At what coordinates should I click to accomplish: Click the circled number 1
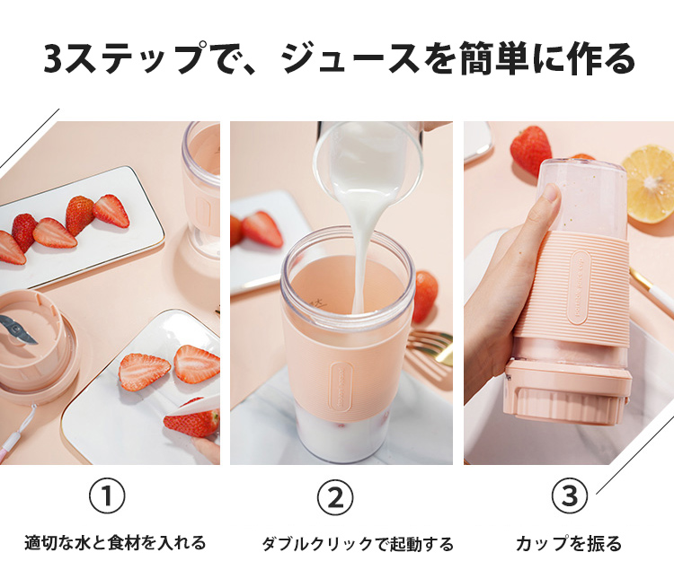click(107, 495)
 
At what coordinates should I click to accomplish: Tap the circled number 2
click(335, 497)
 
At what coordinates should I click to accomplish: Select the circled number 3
click(570, 495)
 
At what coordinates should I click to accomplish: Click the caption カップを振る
click(569, 543)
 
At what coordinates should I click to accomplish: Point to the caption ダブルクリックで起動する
click(358, 543)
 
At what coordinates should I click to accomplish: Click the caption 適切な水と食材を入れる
click(115, 542)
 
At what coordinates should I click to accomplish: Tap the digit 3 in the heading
click(54, 58)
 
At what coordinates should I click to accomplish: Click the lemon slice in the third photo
click(649, 184)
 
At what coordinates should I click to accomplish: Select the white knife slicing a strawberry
click(189, 408)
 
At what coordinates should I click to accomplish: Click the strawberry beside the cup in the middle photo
click(425, 296)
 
